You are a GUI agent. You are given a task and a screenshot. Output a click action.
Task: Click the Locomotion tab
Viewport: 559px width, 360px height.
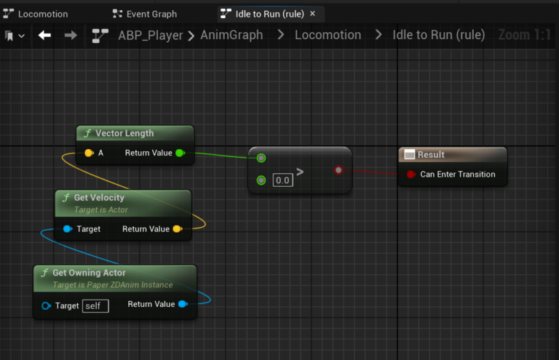click(x=42, y=14)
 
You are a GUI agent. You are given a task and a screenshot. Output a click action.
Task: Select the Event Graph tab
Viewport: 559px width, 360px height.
click(x=151, y=14)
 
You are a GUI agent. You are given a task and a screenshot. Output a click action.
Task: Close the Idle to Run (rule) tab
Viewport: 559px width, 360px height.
click(x=313, y=14)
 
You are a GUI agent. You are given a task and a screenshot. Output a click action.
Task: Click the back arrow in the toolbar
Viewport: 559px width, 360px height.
click(x=44, y=35)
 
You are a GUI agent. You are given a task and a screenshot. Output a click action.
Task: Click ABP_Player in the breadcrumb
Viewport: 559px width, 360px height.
click(x=151, y=35)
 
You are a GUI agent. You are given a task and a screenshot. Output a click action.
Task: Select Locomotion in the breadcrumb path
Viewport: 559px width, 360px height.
click(x=328, y=35)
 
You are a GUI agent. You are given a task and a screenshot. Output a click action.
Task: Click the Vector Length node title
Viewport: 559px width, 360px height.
click(x=124, y=134)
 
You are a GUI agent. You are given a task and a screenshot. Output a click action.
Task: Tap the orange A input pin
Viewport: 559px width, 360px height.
click(x=88, y=153)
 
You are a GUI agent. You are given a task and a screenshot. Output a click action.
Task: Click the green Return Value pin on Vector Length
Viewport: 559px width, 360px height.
click(x=180, y=153)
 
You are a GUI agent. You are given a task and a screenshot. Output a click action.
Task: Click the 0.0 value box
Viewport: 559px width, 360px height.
click(x=282, y=180)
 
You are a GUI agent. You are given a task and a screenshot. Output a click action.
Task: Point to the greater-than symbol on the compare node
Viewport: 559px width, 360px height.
click(x=300, y=172)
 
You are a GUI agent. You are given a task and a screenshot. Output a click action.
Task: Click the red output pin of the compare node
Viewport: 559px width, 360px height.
click(x=338, y=170)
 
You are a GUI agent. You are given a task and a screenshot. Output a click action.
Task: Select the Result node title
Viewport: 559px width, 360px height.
click(x=431, y=155)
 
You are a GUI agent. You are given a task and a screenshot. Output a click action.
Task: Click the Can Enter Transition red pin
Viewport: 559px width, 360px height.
click(x=411, y=175)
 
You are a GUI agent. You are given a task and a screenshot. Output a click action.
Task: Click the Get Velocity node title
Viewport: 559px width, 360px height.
click(x=99, y=197)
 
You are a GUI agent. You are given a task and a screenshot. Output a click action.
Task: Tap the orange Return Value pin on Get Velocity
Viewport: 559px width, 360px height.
click(x=177, y=229)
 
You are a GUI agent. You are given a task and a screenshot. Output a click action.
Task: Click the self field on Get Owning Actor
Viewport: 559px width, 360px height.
click(x=95, y=305)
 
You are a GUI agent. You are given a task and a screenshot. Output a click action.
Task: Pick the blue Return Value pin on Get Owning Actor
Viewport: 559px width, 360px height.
click(x=182, y=304)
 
